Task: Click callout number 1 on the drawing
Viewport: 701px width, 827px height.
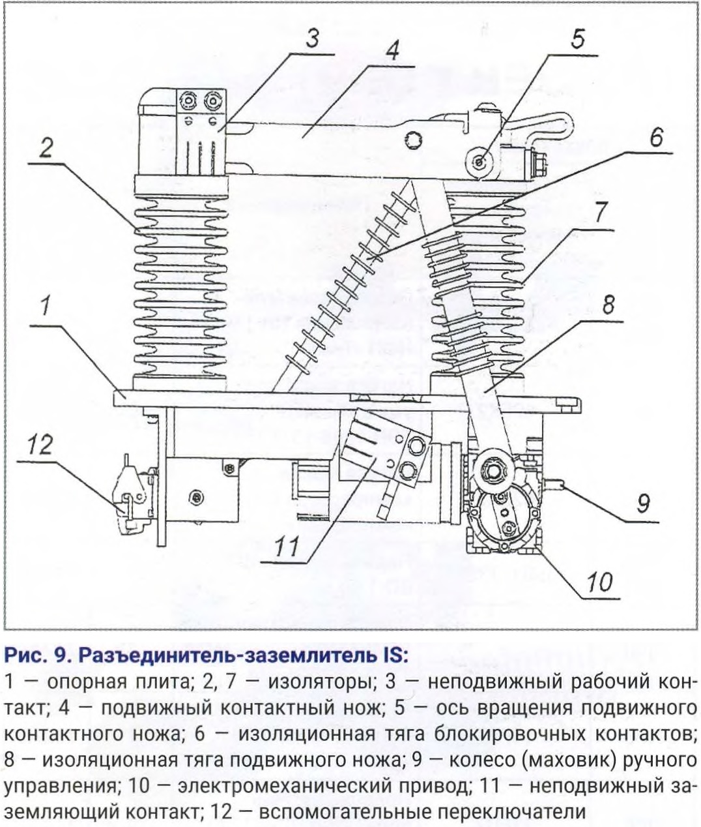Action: pyautogui.click(x=45, y=307)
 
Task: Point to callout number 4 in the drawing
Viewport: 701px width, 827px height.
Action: pyautogui.click(x=392, y=51)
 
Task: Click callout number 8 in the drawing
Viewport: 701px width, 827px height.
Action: pyautogui.click(x=608, y=305)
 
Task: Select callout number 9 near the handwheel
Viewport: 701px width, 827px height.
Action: pyautogui.click(x=642, y=503)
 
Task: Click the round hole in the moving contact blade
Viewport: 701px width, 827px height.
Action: pyautogui.click(x=413, y=138)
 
